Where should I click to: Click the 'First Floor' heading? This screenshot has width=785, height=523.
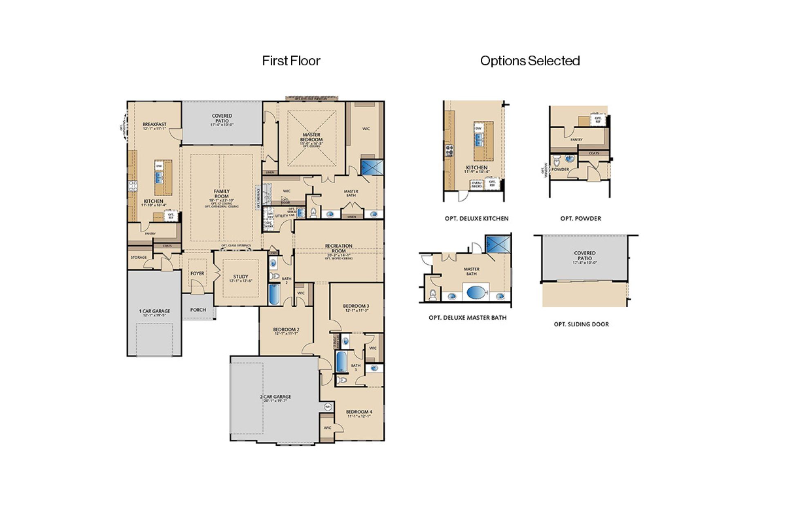(291, 61)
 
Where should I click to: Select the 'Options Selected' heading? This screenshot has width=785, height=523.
(529, 61)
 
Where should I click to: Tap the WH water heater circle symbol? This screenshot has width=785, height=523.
(328, 407)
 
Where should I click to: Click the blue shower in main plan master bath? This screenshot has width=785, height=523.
(372, 167)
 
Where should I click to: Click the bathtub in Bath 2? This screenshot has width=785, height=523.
(274, 295)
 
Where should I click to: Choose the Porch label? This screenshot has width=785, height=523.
(198, 310)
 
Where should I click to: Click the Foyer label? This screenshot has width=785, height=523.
(197, 273)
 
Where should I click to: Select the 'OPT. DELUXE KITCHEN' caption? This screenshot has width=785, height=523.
(476, 219)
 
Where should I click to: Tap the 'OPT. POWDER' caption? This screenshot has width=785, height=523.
(580, 219)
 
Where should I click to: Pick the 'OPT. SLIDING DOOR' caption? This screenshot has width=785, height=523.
(581, 324)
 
